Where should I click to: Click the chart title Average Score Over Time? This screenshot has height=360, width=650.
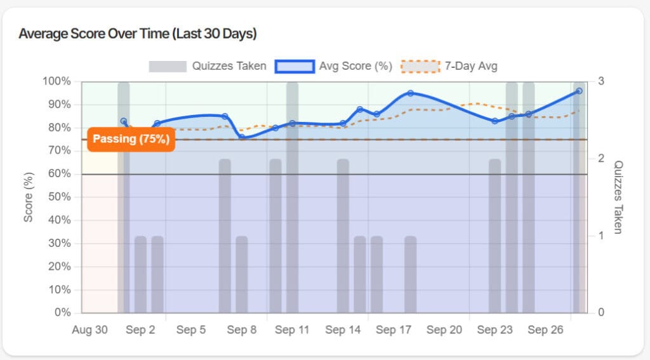tap(138, 34)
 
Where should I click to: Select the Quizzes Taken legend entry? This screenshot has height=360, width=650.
tap(208, 66)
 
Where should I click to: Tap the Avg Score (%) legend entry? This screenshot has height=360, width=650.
tap(333, 66)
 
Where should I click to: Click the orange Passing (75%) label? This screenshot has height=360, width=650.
tap(131, 139)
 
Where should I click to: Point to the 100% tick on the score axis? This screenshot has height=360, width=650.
tap(57, 81)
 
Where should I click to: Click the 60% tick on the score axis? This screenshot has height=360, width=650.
tap(60, 174)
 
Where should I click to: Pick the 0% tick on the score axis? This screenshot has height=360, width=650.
tap(62, 312)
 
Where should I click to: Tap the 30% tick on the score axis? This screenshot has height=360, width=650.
tap(60, 243)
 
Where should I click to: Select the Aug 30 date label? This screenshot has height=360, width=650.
tap(90, 330)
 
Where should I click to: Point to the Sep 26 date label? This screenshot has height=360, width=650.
tap(545, 330)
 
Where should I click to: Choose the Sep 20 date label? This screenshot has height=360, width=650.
tap(444, 330)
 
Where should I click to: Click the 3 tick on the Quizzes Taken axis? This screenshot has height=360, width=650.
tap(600, 81)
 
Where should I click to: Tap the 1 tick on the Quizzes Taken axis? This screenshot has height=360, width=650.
tap(600, 236)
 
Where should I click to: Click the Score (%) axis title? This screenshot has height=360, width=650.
tap(29, 197)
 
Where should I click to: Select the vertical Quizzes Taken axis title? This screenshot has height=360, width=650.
tap(620, 197)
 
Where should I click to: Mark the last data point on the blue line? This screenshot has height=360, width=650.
tap(579, 91)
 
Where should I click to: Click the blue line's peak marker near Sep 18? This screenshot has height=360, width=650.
tap(411, 93)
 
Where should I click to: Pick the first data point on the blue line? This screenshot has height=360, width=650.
tap(124, 121)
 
